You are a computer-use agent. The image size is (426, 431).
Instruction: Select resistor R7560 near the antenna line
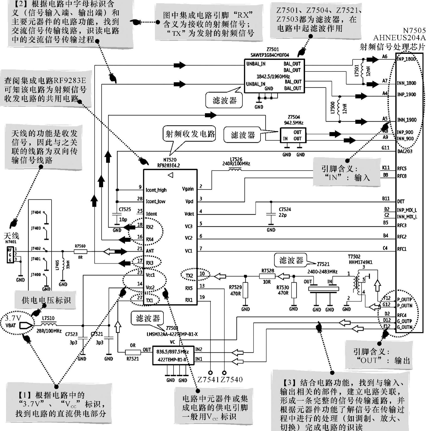(x=81, y=251)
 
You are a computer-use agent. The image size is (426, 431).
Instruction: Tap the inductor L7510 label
(x=48, y=318)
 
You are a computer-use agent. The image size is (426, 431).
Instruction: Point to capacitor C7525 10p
(x=116, y=214)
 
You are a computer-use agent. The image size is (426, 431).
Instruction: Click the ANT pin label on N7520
(x=150, y=251)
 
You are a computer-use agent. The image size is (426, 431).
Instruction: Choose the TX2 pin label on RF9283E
(x=189, y=276)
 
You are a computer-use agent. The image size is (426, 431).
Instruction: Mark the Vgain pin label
(x=188, y=189)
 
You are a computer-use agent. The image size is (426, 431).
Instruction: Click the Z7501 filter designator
(x=273, y=50)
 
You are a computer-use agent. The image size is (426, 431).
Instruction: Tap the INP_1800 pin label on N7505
(x=406, y=59)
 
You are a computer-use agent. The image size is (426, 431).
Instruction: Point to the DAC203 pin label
(x=405, y=151)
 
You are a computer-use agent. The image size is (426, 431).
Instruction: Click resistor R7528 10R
(x=267, y=276)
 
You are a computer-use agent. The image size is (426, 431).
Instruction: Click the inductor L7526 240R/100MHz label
(x=236, y=161)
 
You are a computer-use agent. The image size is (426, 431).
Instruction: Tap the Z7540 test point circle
(x=224, y=373)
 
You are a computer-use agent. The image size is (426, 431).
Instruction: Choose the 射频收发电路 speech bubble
(x=190, y=134)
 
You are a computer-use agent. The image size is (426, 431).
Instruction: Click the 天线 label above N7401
(x=11, y=236)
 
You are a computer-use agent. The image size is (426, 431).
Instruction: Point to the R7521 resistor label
(x=133, y=359)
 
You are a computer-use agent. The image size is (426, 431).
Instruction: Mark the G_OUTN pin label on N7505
(x=405, y=327)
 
